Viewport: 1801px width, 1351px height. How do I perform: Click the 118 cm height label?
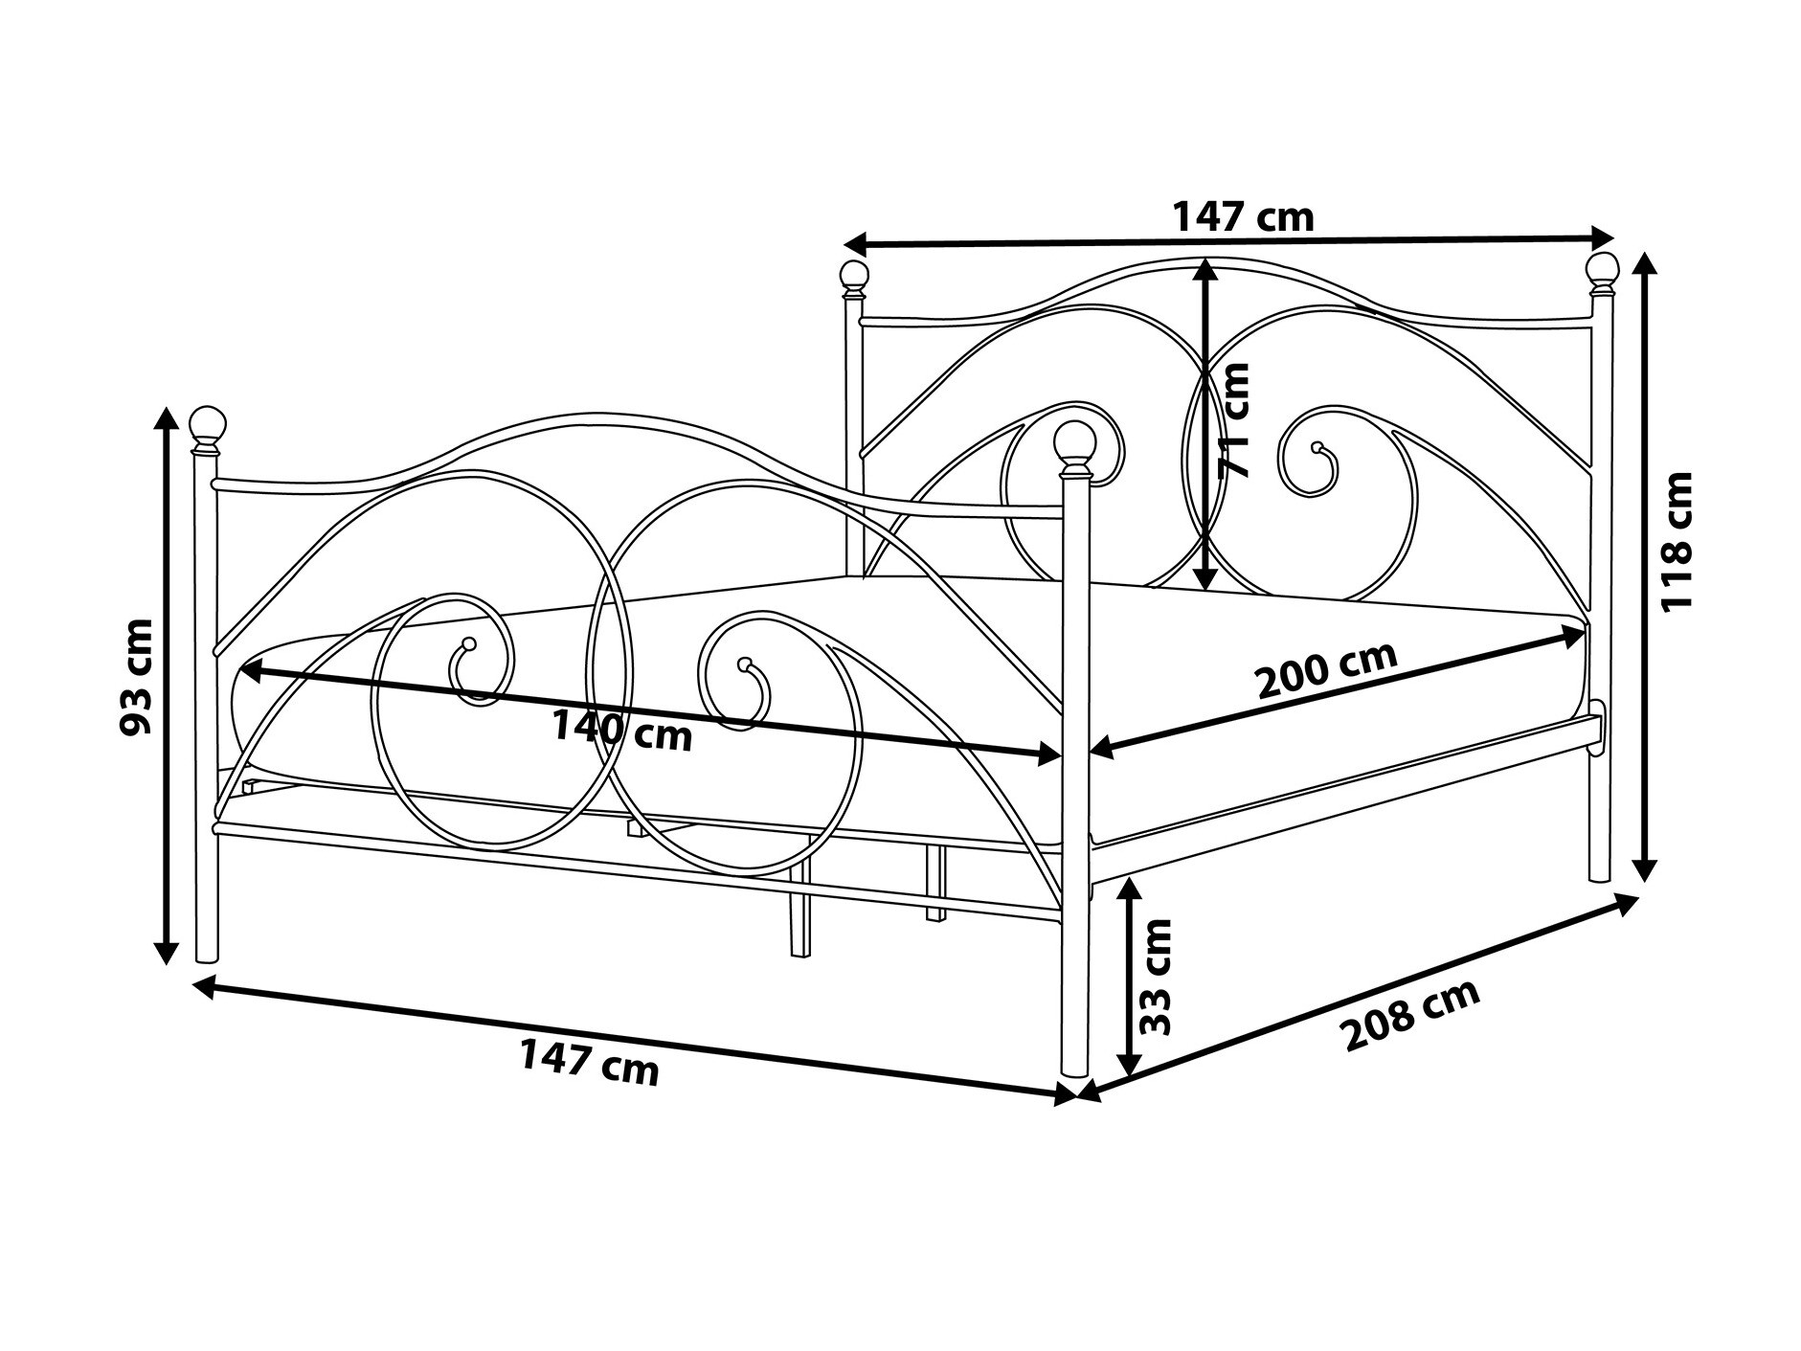1677,541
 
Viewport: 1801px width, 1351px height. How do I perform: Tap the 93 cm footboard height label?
136,676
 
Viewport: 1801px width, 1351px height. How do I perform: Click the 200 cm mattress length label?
1326,669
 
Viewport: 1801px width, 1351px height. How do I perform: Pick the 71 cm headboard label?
1232,419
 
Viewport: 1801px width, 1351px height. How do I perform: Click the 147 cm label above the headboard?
1244,217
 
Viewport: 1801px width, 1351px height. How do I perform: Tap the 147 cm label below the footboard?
590,1062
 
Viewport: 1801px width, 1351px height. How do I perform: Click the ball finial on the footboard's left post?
207,423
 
